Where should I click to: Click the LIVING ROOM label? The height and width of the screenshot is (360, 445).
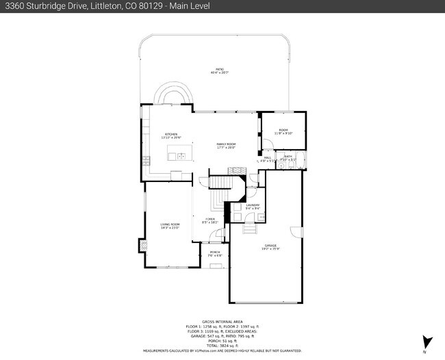point(170,225)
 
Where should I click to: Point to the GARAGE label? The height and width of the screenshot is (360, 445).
point(270,246)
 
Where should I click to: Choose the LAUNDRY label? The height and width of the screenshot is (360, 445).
point(253,206)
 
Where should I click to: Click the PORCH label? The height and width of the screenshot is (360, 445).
point(214,253)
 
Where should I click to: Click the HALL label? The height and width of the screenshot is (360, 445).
point(268,158)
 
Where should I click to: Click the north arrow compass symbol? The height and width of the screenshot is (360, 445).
point(427,342)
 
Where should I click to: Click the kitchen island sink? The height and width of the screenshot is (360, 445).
point(181,156)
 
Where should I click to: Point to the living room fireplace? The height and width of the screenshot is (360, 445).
point(142,244)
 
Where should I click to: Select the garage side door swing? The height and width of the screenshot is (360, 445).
point(296,233)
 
